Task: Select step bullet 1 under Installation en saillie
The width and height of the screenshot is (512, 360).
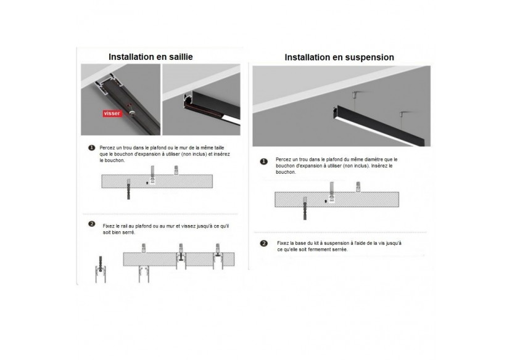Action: (x=91, y=149)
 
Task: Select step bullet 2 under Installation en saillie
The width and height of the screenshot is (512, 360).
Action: (x=91, y=223)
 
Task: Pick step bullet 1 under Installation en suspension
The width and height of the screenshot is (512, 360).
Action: (x=264, y=162)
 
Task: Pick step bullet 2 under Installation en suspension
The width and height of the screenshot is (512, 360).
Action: (x=264, y=243)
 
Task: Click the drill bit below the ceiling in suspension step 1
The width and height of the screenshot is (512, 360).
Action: (x=304, y=210)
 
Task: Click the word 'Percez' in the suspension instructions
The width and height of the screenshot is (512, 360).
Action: (x=283, y=158)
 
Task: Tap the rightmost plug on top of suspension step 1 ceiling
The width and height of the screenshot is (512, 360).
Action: (x=357, y=186)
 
